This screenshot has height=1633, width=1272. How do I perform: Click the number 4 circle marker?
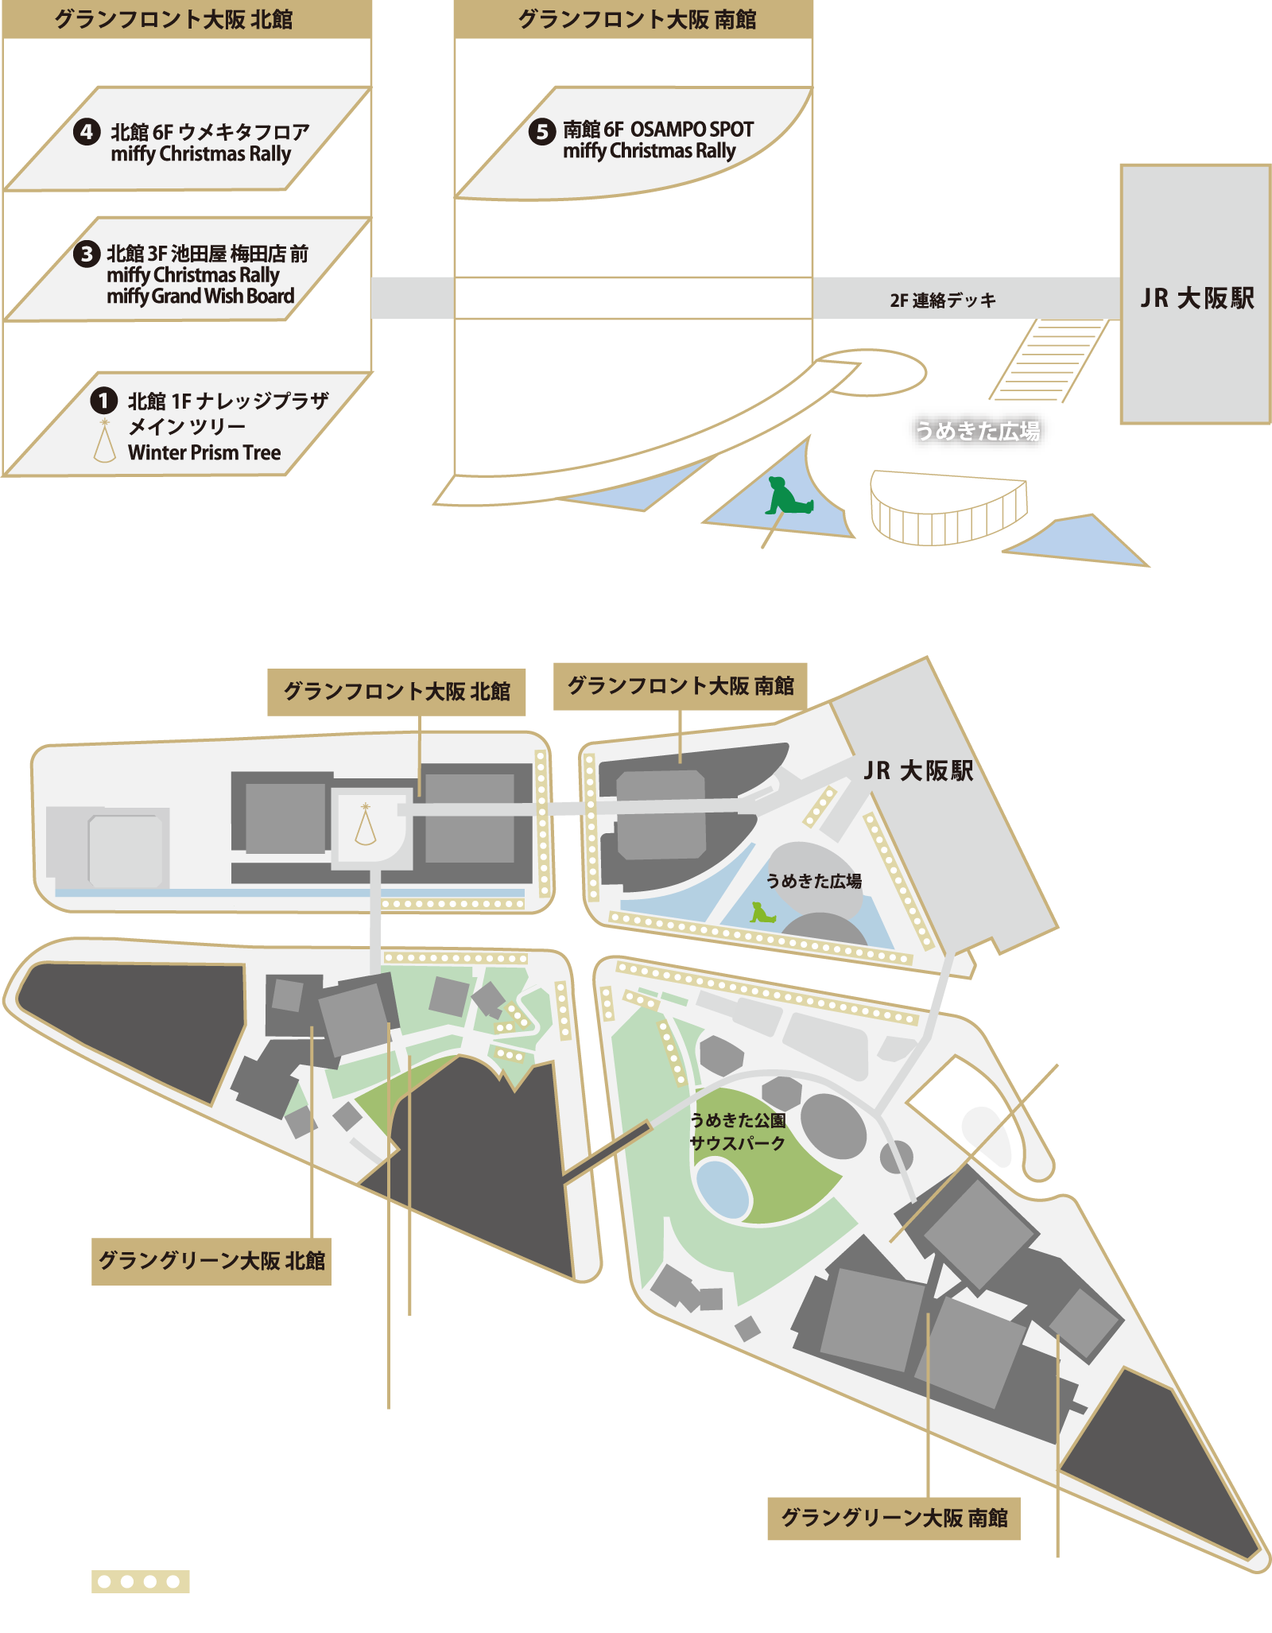point(87,132)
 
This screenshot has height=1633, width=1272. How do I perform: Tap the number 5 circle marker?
point(542,131)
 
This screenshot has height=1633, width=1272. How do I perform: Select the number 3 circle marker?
point(87,254)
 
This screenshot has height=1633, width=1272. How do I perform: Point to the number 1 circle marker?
point(104,401)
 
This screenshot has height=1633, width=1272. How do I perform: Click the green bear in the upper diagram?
point(785,496)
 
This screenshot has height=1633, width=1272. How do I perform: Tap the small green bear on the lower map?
point(762,913)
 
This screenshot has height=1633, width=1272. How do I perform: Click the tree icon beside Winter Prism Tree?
point(104,441)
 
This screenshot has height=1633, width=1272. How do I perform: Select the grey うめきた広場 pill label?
point(977,432)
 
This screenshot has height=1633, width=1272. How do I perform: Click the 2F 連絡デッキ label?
point(943,301)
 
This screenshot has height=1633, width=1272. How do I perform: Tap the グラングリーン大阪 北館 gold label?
point(211,1261)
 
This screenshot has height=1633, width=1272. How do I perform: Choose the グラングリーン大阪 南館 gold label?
point(894,1518)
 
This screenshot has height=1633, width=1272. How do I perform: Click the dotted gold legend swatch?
point(141,1581)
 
